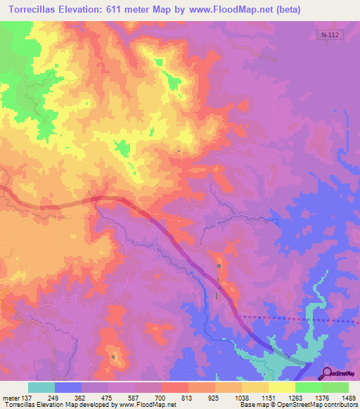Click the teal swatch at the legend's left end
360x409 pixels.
[x=41, y=387]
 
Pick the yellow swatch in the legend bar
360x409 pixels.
[x=281, y=387]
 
